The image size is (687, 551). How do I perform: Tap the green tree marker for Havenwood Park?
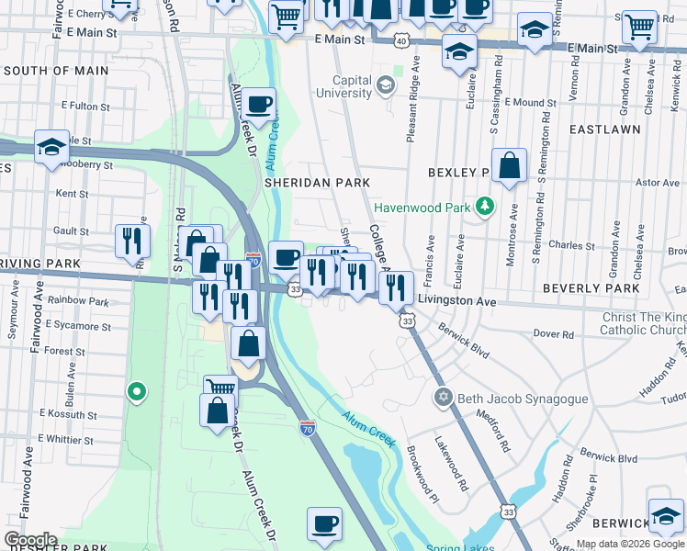click(x=484, y=207)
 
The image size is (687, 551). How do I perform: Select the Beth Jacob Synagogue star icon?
click(x=443, y=397)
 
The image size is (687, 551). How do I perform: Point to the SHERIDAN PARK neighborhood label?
click(x=317, y=183)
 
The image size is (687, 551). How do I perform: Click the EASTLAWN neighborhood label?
click(x=604, y=130)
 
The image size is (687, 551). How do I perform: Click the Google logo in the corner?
click(x=30, y=539)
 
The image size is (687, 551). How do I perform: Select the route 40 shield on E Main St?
click(x=402, y=41)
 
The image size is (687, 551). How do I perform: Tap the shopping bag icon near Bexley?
click(x=509, y=166)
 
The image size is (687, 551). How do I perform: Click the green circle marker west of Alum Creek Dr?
click(x=137, y=393)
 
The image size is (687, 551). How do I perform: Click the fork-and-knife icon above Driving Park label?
click(x=132, y=241)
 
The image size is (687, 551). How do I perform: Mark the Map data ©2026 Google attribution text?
click(x=630, y=544)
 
